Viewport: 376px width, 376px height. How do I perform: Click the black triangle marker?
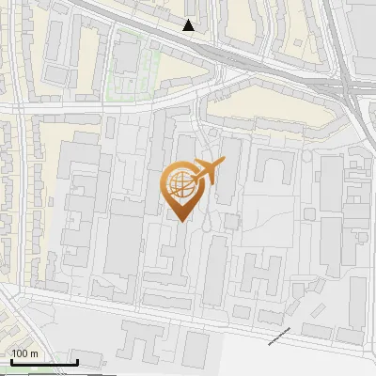189,25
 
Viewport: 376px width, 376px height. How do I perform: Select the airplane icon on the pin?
207,173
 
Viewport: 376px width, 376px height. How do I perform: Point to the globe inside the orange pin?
180,184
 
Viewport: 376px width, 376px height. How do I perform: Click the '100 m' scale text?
25,353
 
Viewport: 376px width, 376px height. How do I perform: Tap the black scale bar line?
43,362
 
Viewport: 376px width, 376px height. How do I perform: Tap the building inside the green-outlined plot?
127,58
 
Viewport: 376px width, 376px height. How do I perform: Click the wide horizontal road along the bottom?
188,309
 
